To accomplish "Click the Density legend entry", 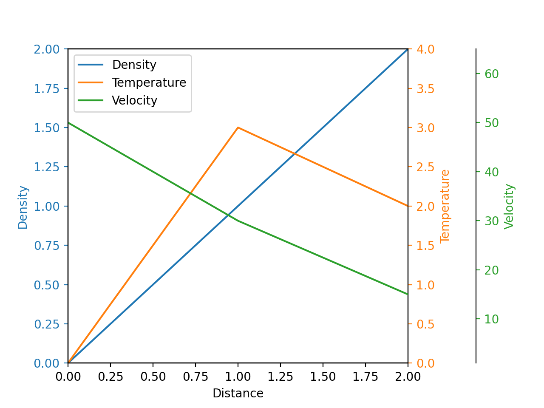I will [x=134, y=65].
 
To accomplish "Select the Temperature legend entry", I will [x=149, y=82].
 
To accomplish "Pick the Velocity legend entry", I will [x=134, y=100].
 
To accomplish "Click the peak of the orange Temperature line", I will [x=238, y=127].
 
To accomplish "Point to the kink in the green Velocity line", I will [x=238, y=221].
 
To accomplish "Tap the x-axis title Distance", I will [x=238, y=394].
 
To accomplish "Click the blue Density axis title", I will [x=23, y=207].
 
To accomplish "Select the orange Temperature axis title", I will [x=445, y=206].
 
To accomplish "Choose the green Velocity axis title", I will [x=509, y=207].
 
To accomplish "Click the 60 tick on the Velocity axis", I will [x=492, y=74].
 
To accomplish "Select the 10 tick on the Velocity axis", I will [x=492, y=319].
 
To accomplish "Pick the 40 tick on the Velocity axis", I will [x=492, y=172].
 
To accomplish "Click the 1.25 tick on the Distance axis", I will [x=280, y=377].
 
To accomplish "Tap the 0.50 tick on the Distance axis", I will [x=153, y=377].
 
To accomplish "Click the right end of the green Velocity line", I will [x=408, y=294].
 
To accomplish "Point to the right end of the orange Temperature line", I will [x=408, y=206].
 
